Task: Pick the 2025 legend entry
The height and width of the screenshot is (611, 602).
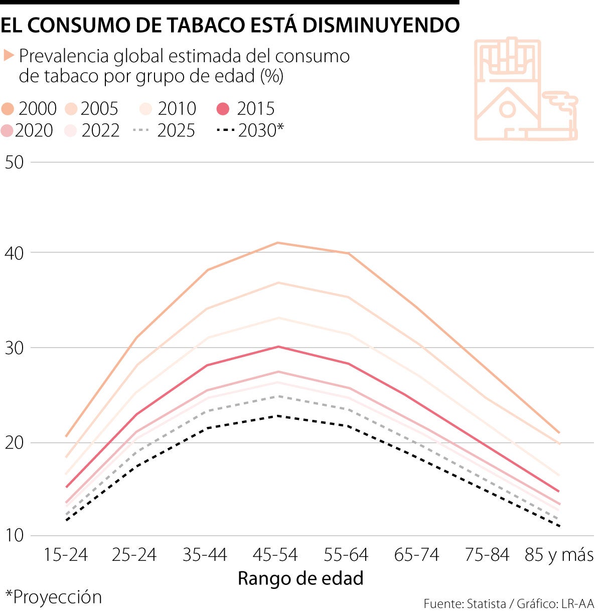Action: click(x=165, y=130)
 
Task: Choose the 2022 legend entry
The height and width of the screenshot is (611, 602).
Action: click(x=93, y=130)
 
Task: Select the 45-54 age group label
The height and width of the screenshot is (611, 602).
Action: click(x=275, y=555)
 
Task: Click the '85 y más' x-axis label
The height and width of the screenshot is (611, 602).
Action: click(x=559, y=555)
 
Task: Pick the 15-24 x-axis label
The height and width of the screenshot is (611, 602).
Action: click(x=65, y=555)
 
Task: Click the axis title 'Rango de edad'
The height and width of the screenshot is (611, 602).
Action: click(x=300, y=578)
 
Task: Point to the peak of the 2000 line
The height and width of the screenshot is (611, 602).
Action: click(x=277, y=243)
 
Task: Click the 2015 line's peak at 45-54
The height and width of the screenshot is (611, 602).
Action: click(x=277, y=347)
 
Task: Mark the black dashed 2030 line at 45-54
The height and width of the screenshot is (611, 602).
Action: click(x=277, y=416)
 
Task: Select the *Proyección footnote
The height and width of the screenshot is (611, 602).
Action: click(x=53, y=597)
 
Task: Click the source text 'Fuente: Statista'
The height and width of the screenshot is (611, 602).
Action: click(x=465, y=603)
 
